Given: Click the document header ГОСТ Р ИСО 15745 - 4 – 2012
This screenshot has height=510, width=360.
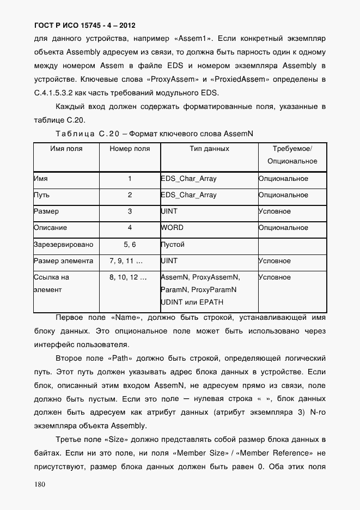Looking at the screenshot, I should pos(85,25).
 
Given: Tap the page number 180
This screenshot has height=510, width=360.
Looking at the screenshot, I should pos(40,484).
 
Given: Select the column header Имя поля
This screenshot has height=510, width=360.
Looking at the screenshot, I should pos(66,149).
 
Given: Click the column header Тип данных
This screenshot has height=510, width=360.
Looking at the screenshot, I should pos(209,149).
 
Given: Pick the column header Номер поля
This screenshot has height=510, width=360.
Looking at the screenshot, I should pos(130,149).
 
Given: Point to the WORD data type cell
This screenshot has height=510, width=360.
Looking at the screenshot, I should pos(173,228).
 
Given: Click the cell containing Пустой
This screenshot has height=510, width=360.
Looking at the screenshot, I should pos(173,245).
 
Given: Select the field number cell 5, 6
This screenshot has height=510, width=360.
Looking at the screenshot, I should pos(130,245).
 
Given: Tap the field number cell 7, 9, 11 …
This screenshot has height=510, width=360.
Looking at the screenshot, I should pos(130,261).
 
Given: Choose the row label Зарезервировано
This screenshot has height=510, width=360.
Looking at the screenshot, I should pos(63,245).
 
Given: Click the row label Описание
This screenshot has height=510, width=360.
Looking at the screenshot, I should pos(51,228).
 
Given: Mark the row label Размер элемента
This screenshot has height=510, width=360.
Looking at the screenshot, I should pos(63,261).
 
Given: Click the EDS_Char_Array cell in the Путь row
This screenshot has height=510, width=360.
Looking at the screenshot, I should pos(189,195).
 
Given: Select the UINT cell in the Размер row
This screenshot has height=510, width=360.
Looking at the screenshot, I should pos(169,211).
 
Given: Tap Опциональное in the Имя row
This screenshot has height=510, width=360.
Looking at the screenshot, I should pos(283,179).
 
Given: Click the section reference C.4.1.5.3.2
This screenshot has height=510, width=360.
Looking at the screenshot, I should pos(63,92).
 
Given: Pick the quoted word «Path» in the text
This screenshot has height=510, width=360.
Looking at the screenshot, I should pos(118,359).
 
